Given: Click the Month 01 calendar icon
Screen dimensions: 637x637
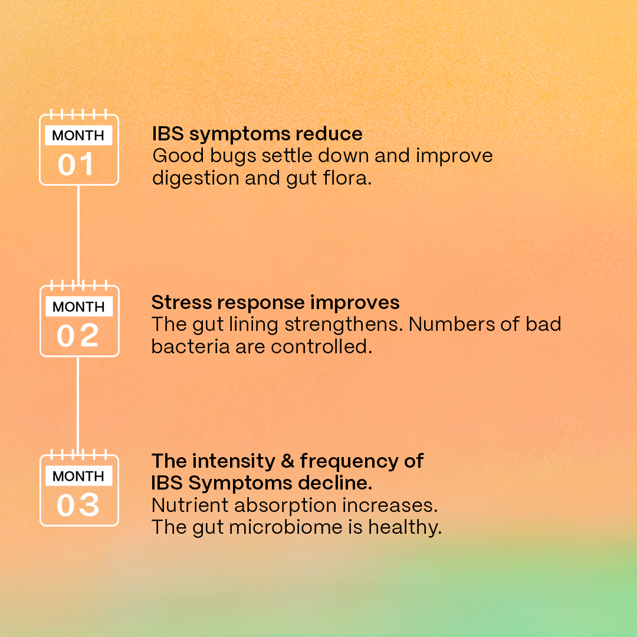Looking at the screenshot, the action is click(79, 147).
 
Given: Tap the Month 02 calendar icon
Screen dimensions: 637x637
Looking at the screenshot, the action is click(79, 318).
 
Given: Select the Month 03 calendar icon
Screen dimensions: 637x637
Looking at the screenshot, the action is click(79, 488).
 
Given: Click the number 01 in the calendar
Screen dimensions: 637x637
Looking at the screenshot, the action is click(76, 165).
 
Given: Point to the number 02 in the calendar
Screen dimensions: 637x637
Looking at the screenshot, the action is click(78, 336).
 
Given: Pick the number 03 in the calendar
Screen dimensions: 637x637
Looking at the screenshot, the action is click(78, 505).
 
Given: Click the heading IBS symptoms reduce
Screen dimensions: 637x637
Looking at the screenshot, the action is click(257, 134).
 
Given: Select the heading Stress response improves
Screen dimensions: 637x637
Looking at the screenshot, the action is click(275, 303).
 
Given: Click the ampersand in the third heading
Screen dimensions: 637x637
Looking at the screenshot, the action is click(287, 461).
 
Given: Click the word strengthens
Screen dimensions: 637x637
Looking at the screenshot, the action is click(344, 324).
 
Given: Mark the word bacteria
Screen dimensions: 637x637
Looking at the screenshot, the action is click(191, 347).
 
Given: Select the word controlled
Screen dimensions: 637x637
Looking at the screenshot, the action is click(321, 347).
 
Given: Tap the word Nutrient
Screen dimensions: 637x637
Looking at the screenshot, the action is click(190, 505).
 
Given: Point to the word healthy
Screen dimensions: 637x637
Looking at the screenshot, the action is click(405, 528).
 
